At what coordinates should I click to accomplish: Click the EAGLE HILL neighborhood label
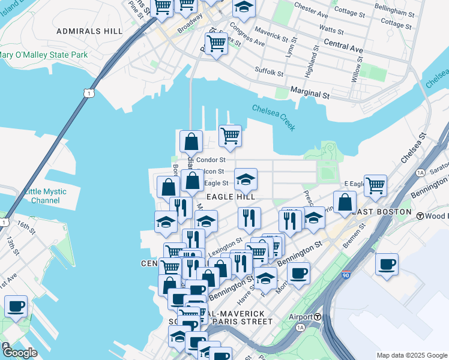coord(231,196)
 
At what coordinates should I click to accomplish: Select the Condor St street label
coord(211,160)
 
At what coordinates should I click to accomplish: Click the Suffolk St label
coord(269,73)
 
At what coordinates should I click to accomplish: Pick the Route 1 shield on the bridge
coord(88,93)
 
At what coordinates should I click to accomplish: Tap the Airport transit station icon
coord(318,317)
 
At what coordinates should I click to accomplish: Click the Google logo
coord(20,352)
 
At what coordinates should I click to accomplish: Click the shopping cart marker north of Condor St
coord(230,136)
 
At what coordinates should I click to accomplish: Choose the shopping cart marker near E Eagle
coord(376,185)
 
